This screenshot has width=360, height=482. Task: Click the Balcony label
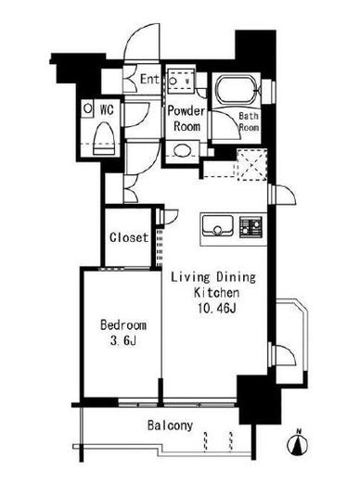point(170,425)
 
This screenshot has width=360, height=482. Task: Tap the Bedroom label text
point(123,325)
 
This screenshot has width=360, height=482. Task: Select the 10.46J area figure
point(216,308)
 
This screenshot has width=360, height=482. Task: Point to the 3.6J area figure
point(123,341)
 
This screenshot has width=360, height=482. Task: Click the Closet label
point(129,237)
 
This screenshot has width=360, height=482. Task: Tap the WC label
point(107,109)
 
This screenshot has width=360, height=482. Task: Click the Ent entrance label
point(149,79)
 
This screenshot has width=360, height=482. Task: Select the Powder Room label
point(186,119)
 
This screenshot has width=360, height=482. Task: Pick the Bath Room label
point(249,121)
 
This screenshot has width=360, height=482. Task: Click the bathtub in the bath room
point(236,91)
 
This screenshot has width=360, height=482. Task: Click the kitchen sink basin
point(217,225)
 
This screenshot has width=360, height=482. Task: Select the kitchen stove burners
point(251,227)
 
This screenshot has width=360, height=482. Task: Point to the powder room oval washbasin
point(182,151)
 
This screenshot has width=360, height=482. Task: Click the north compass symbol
point(298,444)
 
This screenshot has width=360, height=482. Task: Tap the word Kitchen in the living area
point(216,292)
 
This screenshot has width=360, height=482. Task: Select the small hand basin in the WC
point(87,108)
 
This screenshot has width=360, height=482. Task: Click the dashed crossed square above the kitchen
point(251,165)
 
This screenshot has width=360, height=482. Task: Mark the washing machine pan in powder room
point(181,81)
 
